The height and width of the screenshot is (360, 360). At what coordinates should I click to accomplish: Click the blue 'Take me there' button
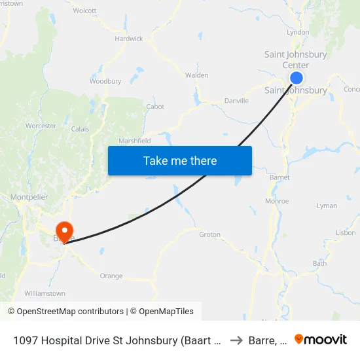point(180,160)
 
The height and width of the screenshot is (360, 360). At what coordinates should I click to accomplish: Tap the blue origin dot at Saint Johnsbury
point(296,78)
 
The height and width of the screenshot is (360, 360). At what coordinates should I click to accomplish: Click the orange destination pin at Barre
point(65,231)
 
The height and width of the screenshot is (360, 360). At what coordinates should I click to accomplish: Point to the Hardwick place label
point(129,39)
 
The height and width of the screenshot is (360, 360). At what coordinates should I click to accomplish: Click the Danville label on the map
point(236,101)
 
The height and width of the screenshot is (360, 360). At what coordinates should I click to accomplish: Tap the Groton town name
point(209,234)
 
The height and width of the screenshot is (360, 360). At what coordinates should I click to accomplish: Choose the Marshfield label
point(135,141)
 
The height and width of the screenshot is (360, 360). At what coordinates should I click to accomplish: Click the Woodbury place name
point(105,81)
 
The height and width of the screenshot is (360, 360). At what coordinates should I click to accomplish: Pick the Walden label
point(196,75)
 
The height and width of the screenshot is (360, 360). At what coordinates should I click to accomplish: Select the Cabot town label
point(155,107)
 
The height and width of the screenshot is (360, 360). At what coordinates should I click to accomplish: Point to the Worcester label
point(41,126)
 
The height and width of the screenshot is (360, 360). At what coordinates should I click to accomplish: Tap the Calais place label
point(80,129)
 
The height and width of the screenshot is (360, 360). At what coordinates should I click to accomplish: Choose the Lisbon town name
point(345,232)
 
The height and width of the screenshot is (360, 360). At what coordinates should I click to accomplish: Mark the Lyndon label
point(298,31)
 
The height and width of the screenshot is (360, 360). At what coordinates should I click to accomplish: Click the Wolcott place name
point(85,10)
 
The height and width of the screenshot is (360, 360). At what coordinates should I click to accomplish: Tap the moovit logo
point(321,339)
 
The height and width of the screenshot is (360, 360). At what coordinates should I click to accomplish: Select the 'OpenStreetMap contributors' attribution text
point(70,312)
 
